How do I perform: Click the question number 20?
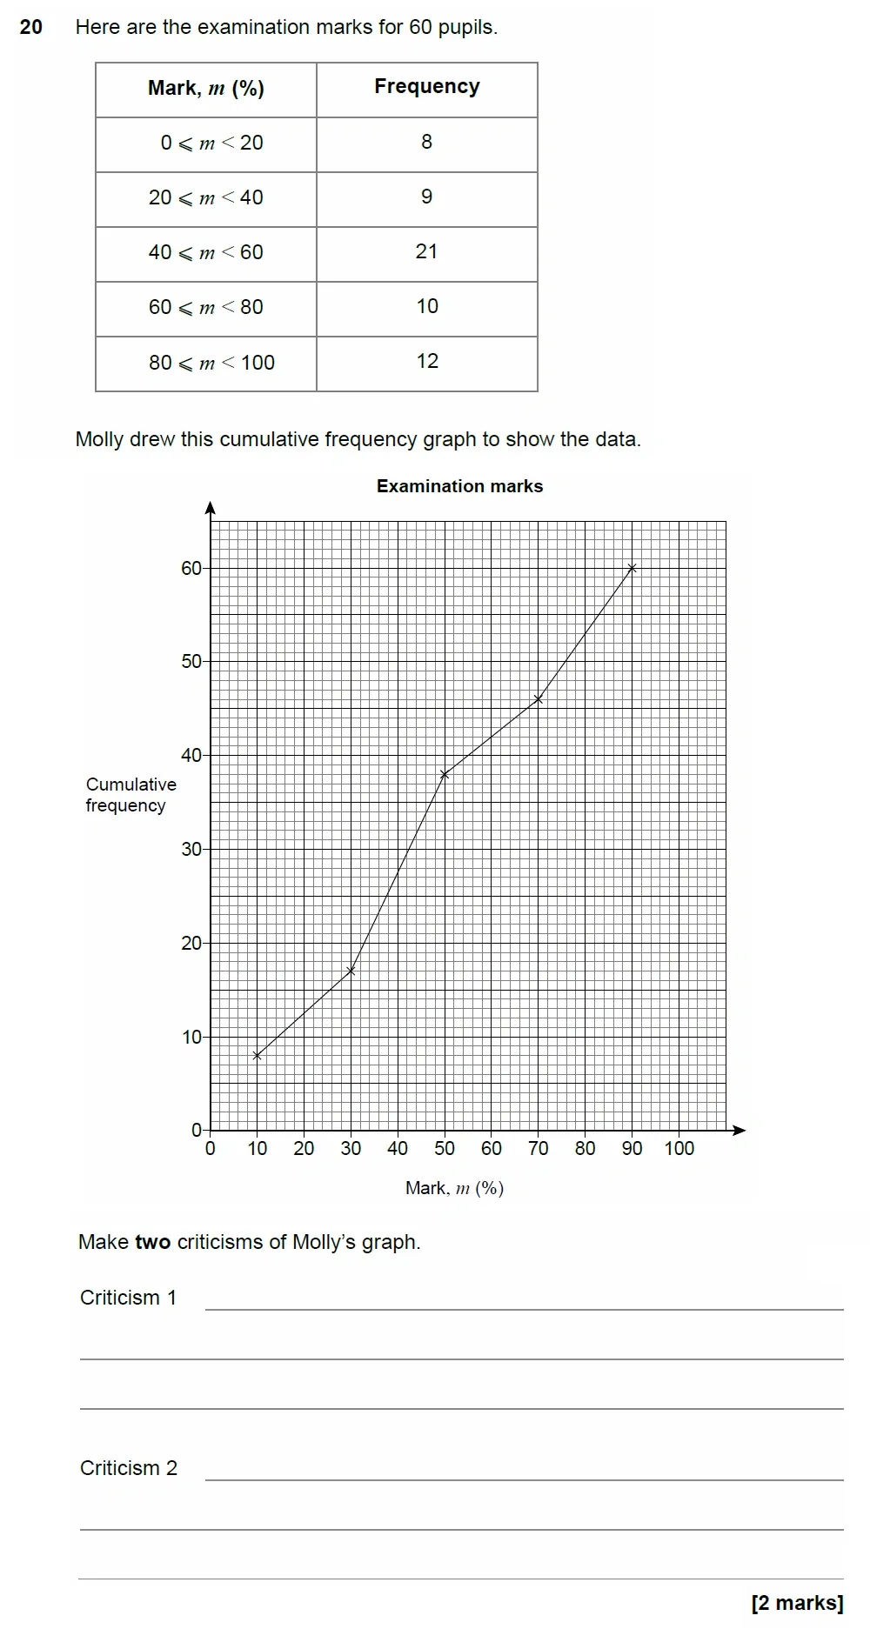(30, 27)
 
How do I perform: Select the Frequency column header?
(426, 87)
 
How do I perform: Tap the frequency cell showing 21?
(426, 252)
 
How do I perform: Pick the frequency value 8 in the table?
(426, 142)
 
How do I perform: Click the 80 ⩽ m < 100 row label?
(211, 363)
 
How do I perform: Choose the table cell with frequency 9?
(426, 197)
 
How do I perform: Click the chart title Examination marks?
(459, 486)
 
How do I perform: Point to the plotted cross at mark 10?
(257, 1055)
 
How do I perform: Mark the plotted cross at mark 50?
(445, 774)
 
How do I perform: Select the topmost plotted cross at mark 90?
(632, 568)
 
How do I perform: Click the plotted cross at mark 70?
(539, 699)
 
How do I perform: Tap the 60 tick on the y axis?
(191, 568)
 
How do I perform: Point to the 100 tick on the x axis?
(679, 1148)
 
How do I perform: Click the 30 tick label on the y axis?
(191, 849)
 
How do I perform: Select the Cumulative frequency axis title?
(130, 795)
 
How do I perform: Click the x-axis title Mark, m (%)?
(454, 1188)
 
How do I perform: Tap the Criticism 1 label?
(128, 1298)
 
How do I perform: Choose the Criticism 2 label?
(128, 1468)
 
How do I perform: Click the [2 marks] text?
(797, 1603)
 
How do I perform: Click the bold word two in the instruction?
(152, 1242)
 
